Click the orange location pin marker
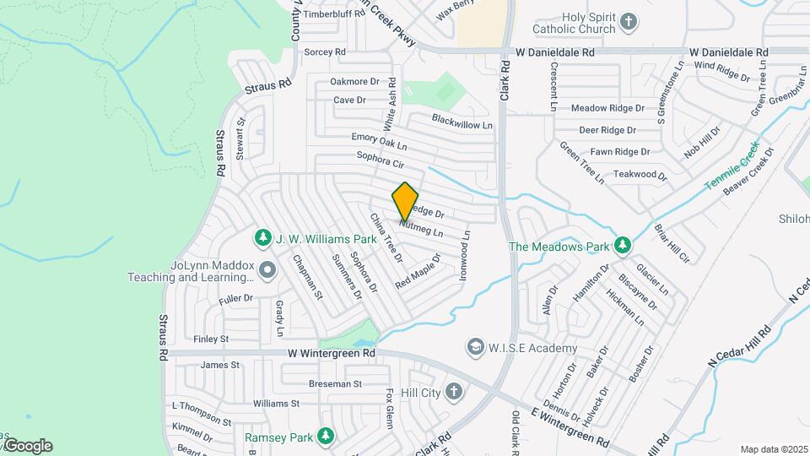[x=405, y=202]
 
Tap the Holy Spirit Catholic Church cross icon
[x=629, y=22]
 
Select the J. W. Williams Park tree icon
[x=262, y=238]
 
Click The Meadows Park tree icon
[x=623, y=246]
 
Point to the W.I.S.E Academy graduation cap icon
[x=476, y=348]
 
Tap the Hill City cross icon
[x=454, y=392]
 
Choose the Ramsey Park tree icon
[x=324, y=437]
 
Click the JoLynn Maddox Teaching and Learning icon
[x=268, y=270]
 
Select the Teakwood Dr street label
[x=640, y=175]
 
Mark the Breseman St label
[x=335, y=383]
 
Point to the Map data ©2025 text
[x=774, y=449]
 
